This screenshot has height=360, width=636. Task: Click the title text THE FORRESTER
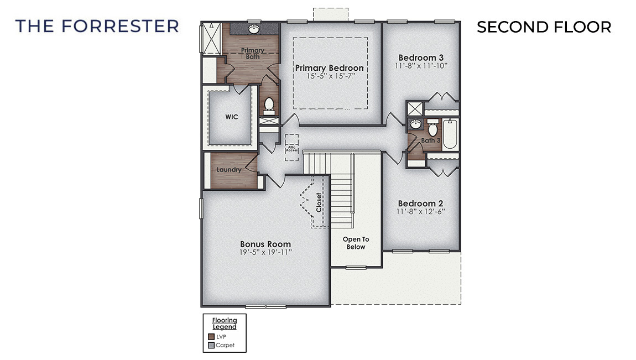(97, 26)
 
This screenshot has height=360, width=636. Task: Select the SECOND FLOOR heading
(544, 27)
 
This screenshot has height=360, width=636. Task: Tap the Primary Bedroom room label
(330, 68)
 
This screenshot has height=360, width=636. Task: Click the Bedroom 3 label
(421, 58)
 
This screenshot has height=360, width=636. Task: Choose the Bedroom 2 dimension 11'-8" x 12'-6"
(421, 212)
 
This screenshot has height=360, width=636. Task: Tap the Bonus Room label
(265, 244)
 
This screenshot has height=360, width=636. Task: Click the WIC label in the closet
(231, 117)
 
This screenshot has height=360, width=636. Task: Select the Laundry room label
(229, 170)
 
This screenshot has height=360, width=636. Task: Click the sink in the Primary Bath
(254, 28)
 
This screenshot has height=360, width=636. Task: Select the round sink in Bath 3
(415, 125)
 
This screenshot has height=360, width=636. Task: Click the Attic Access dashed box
(291, 147)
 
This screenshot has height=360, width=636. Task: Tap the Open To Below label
(356, 243)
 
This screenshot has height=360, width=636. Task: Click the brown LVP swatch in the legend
(211, 336)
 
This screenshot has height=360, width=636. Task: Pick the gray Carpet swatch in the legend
(211, 346)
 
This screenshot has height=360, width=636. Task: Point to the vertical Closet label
(319, 202)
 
